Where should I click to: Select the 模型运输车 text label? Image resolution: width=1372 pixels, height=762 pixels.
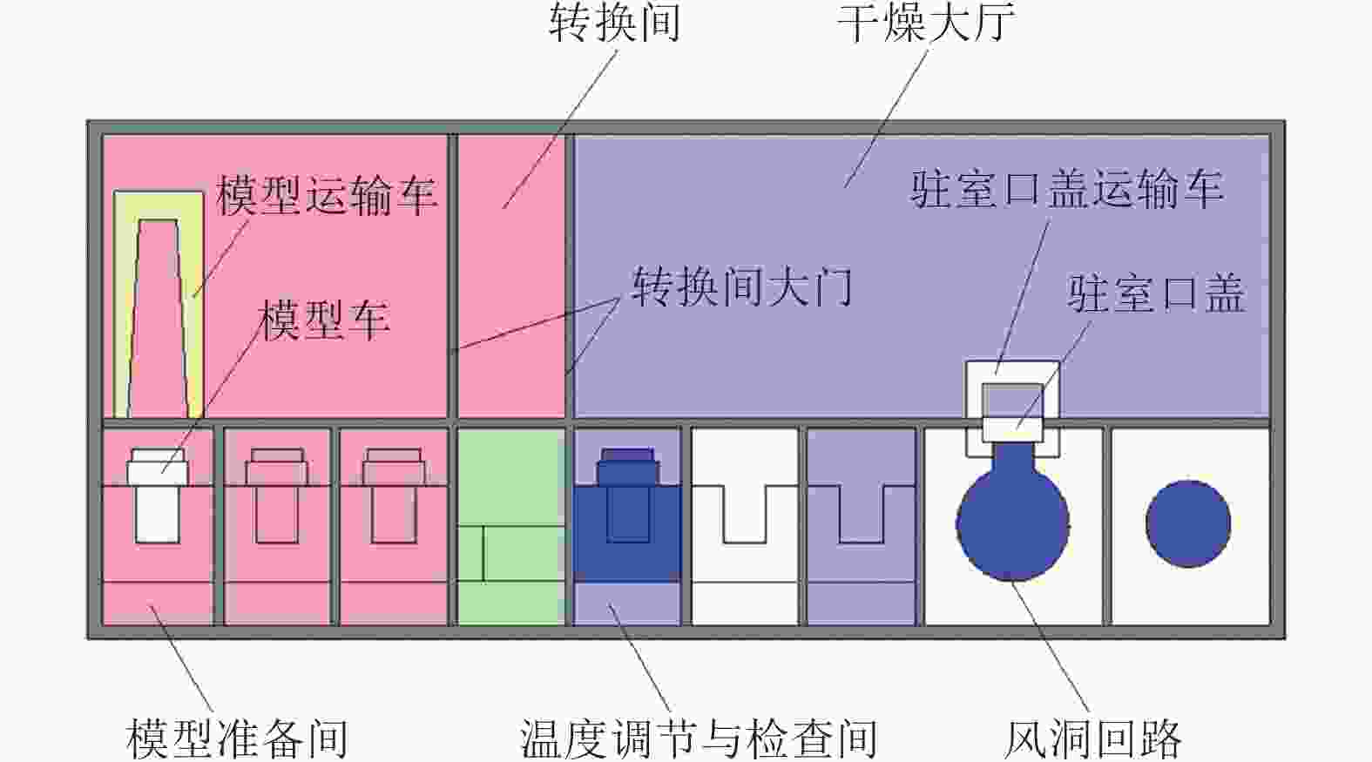click(326, 195)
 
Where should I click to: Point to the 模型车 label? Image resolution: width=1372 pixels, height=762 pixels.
click(324, 320)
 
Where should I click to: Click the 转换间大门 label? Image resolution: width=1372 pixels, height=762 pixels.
click(741, 287)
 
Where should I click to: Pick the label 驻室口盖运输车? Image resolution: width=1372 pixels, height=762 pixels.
click(1067, 189)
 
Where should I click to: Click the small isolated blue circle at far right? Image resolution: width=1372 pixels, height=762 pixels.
click(1187, 523)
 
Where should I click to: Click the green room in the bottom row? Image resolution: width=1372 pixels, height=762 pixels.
click(511, 526)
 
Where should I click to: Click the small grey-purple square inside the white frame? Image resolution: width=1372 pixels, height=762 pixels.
click(1012, 399)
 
